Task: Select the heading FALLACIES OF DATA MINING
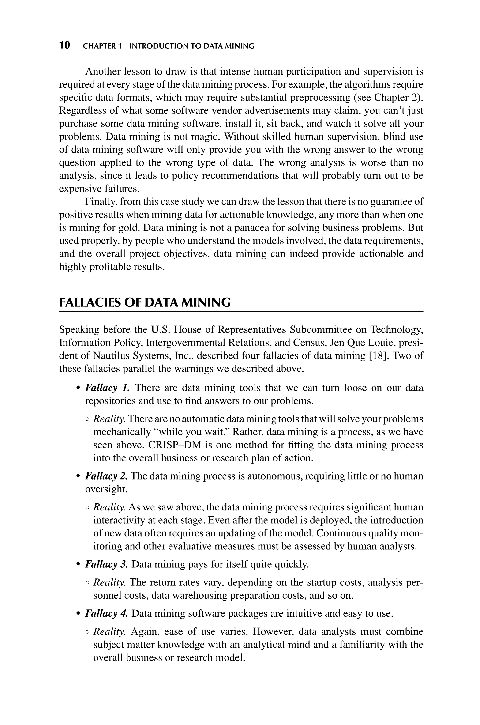coord(145,302)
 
